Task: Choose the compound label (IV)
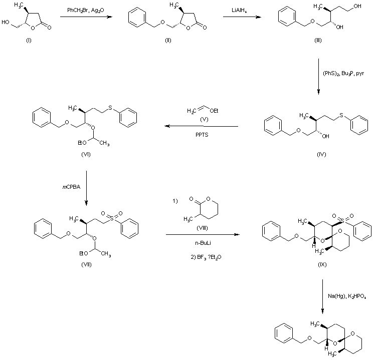321,155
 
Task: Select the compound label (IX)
321,264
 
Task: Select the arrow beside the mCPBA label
87,188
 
